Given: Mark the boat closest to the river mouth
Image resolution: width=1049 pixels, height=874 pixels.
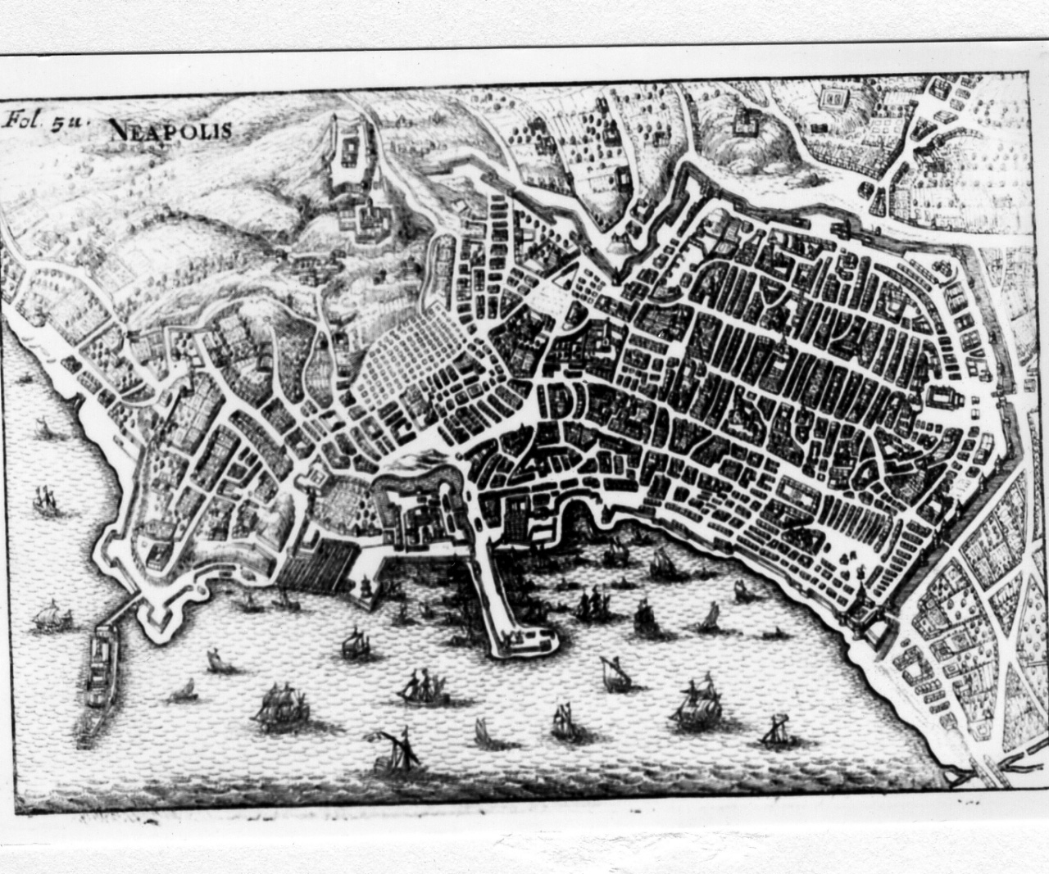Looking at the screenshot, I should [774, 729].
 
